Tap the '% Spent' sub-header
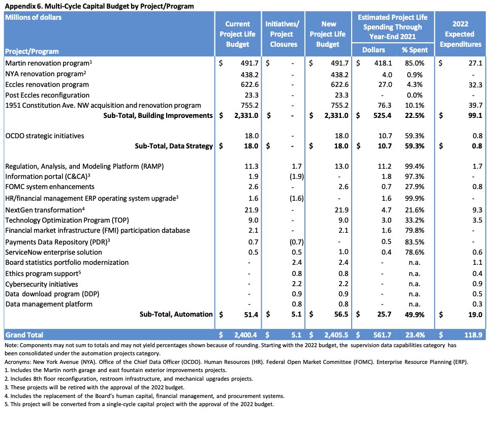tap(412, 50)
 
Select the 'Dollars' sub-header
tap(374, 50)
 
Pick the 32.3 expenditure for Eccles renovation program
tap(474, 84)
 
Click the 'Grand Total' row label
tap(24, 334)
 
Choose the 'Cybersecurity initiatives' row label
tap(42, 284)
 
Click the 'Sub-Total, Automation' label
tap(176, 314)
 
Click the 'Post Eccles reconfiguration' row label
tap(47, 95)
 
